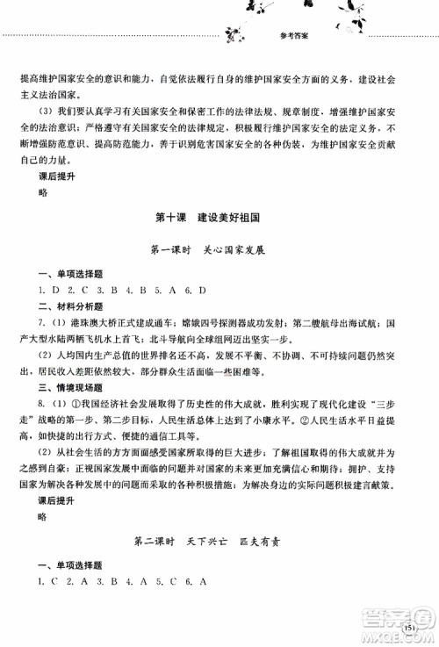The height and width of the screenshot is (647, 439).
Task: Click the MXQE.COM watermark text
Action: point(404,636)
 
